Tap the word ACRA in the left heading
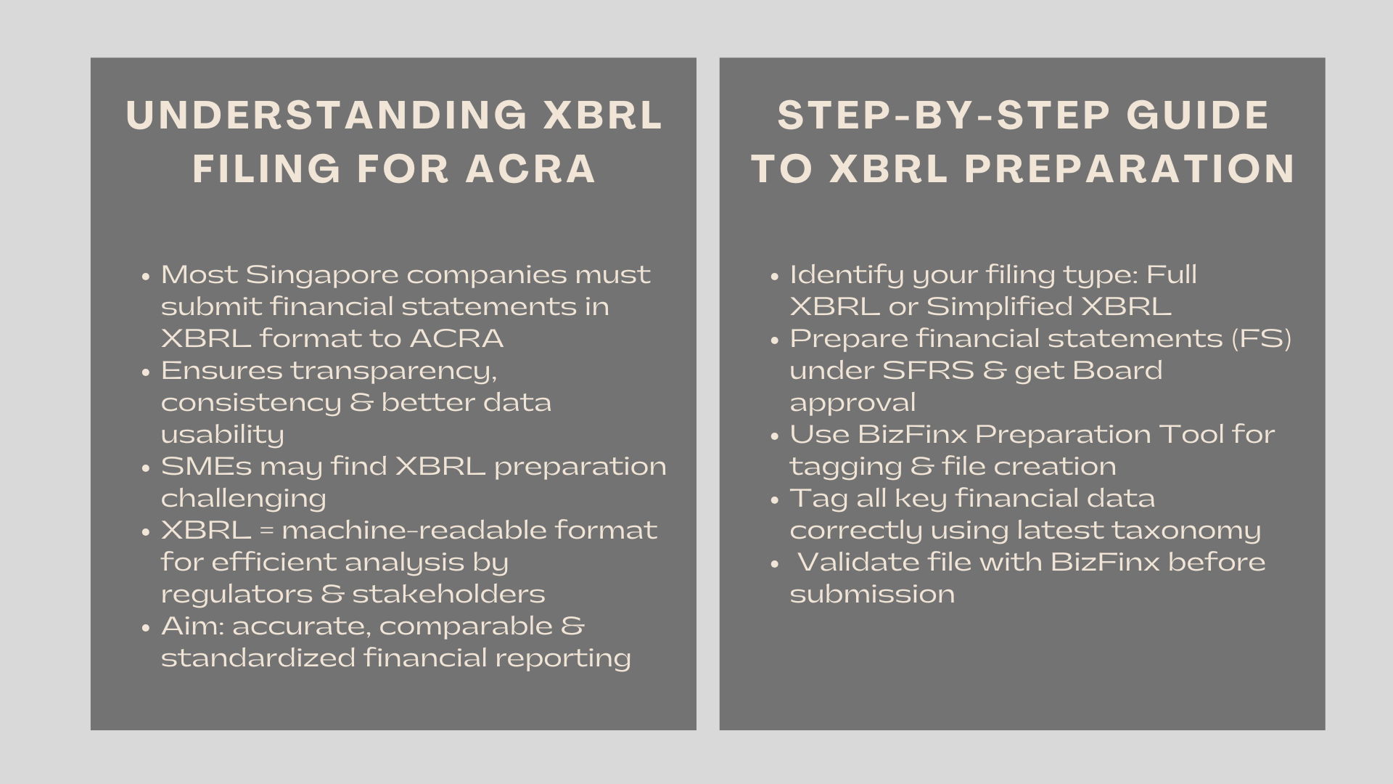pos(530,168)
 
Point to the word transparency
pos(394,371)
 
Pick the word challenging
pos(243,499)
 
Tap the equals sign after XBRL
pos(266,531)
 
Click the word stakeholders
pos(448,595)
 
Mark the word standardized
pos(258,658)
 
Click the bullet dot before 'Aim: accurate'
pos(147,628)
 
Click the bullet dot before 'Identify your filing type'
pos(775,277)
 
